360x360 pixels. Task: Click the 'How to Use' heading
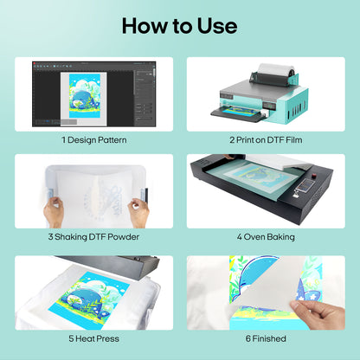(x=180, y=25)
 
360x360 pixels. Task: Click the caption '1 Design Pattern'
(x=93, y=138)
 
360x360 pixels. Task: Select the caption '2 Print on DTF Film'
(x=266, y=138)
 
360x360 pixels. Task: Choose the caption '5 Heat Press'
(x=93, y=338)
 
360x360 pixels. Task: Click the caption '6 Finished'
(x=266, y=338)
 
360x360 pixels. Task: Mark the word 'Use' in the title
(x=215, y=25)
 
